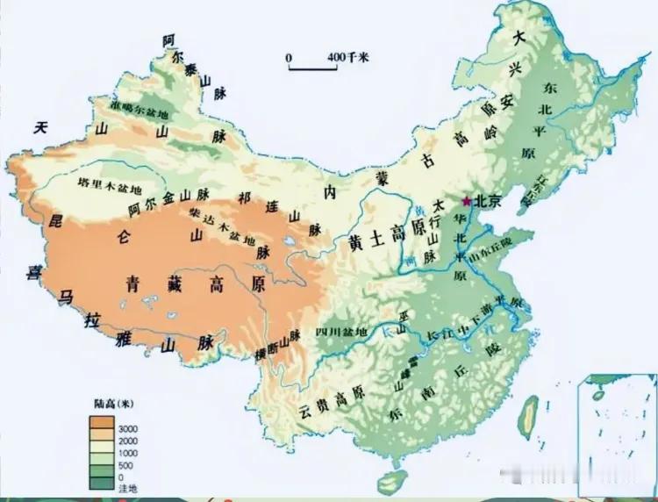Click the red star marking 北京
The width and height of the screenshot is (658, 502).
pos(465,200)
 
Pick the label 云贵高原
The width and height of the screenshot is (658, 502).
pos(331,409)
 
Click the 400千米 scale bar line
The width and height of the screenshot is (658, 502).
pos(313,68)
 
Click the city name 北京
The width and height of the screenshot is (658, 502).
pos(487,201)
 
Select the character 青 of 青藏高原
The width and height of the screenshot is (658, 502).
pos(132,284)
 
